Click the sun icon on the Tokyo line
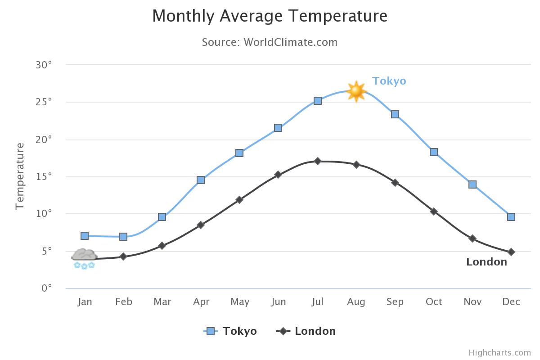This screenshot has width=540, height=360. pyautogui.click(x=356, y=91)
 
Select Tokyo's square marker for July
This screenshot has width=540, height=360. pyautogui.click(x=318, y=101)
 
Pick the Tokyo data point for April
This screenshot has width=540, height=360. pyautogui.click(x=201, y=180)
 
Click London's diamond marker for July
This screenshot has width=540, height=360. pyautogui.click(x=318, y=161)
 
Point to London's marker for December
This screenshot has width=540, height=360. pyautogui.click(x=511, y=252)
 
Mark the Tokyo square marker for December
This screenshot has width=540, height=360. pyautogui.click(x=511, y=217)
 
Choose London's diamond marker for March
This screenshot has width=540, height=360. pyautogui.click(x=162, y=246)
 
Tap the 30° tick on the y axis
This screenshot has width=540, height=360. pyautogui.click(x=44, y=65)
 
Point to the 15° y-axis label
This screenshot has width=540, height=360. pyautogui.click(x=44, y=176)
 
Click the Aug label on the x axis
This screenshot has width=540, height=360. pyautogui.click(x=356, y=301)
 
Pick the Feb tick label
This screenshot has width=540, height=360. pyautogui.click(x=123, y=301)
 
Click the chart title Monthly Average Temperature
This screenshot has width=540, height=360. pyautogui.click(x=270, y=16)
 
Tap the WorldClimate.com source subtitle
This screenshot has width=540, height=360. pyautogui.click(x=270, y=42)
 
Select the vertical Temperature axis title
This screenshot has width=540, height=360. pyautogui.click(x=20, y=176)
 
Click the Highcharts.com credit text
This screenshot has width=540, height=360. pyautogui.click(x=499, y=353)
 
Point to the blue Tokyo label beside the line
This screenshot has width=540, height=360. pyautogui.click(x=389, y=81)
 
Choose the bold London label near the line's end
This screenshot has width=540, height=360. pyautogui.click(x=486, y=262)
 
